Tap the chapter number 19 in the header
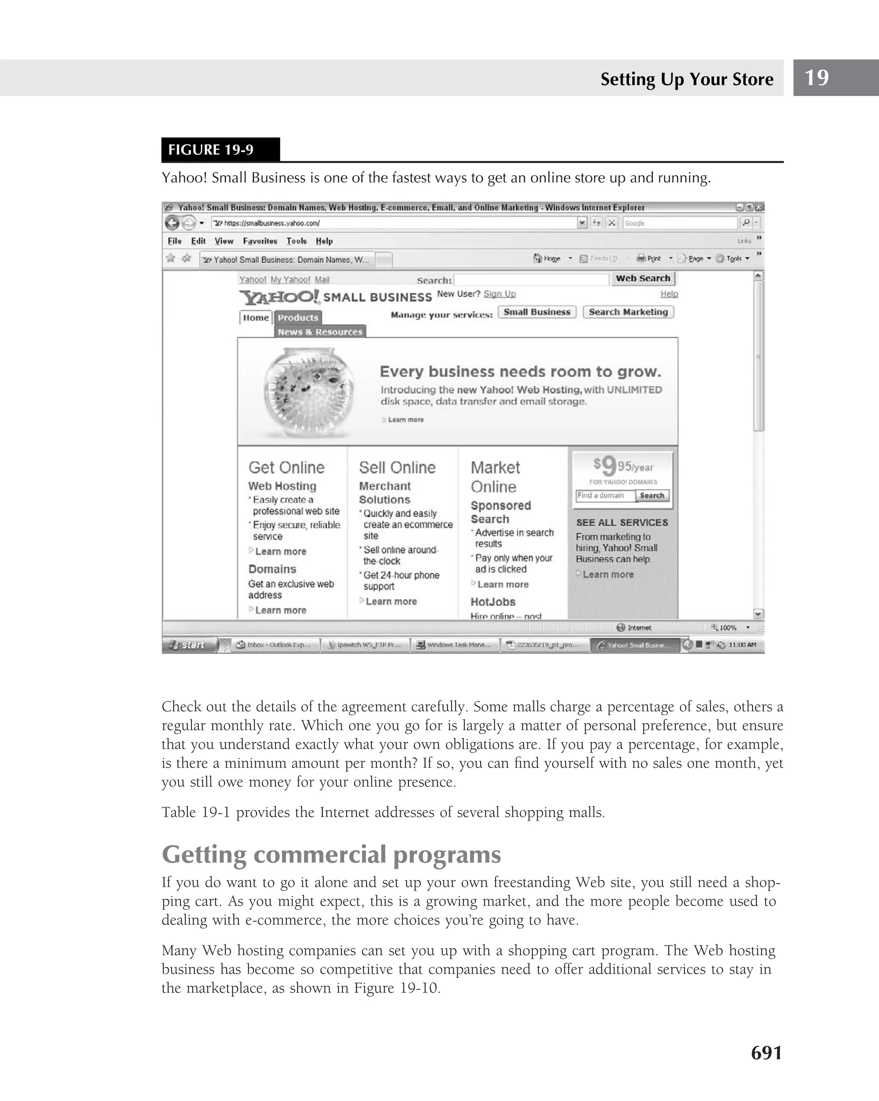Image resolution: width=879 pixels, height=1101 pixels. (x=816, y=78)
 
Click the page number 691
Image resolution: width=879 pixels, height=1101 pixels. (x=766, y=1053)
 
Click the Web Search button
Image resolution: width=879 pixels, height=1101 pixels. (x=643, y=278)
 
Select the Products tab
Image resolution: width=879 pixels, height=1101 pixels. (x=298, y=318)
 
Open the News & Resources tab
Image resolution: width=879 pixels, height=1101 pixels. (x=320, y=331)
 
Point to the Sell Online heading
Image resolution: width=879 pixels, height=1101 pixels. (x=397, y=467)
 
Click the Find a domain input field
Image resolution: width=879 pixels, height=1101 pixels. (x=605, y=495)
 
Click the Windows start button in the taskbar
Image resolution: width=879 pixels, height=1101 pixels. (x=189, y=645)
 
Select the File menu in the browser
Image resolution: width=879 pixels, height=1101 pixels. (x=174, y=241)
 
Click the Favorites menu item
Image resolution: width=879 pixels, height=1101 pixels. (x=260, y=241)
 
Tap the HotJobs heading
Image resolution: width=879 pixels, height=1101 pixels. (x=492, y=602)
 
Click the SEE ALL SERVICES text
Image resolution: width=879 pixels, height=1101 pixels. (x=621, y=523)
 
